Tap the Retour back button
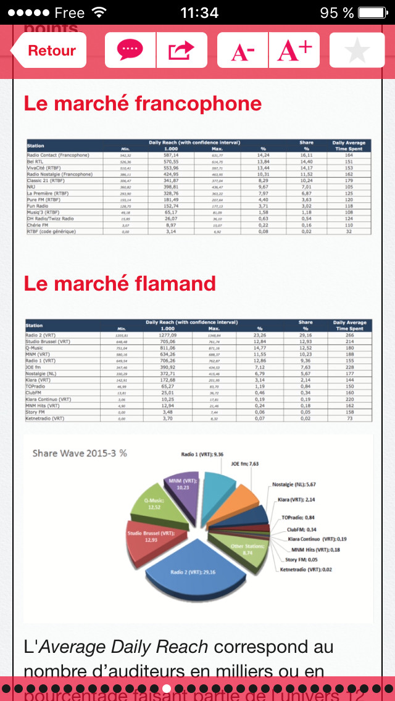(49, 51)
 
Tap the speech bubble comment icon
(130, 50)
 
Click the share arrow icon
(181, 50)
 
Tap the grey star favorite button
(357, 50)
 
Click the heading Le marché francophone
(143, 103)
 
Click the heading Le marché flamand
(120, 283)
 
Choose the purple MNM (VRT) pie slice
(183, 483)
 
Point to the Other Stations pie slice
(238, 549)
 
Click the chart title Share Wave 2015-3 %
(80, 452)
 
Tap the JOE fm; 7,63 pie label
(246, 463)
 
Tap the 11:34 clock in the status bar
(199, 12)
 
